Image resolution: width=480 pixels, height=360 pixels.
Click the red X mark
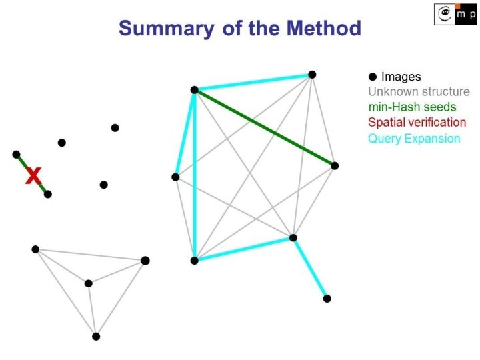point(33,176)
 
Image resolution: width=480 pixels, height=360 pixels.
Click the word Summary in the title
point(163,29)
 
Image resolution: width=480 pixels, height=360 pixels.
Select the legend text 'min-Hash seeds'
point(412,107)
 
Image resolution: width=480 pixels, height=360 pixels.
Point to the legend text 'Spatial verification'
point(417,123)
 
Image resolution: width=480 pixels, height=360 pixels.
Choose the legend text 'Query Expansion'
point(413,139)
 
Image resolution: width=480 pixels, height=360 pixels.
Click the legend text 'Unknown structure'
point(419,92)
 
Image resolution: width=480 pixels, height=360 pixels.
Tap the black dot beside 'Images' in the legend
point(373,77)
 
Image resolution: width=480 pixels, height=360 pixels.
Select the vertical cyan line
point(194,175)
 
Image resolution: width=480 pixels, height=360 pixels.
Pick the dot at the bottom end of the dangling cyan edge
point(327,298)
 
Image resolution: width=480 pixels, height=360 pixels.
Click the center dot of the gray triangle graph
point(89,283)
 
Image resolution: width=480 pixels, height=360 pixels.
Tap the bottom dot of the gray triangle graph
point(96,336)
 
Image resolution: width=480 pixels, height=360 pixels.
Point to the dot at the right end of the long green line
point(335,165)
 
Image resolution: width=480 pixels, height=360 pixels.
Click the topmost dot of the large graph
point(312,75)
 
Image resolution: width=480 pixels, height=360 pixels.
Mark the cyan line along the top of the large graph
point(253,82)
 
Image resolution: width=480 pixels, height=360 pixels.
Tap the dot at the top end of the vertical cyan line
point(194,90)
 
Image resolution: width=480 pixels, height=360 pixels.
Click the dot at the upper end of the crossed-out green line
point(16,154)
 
